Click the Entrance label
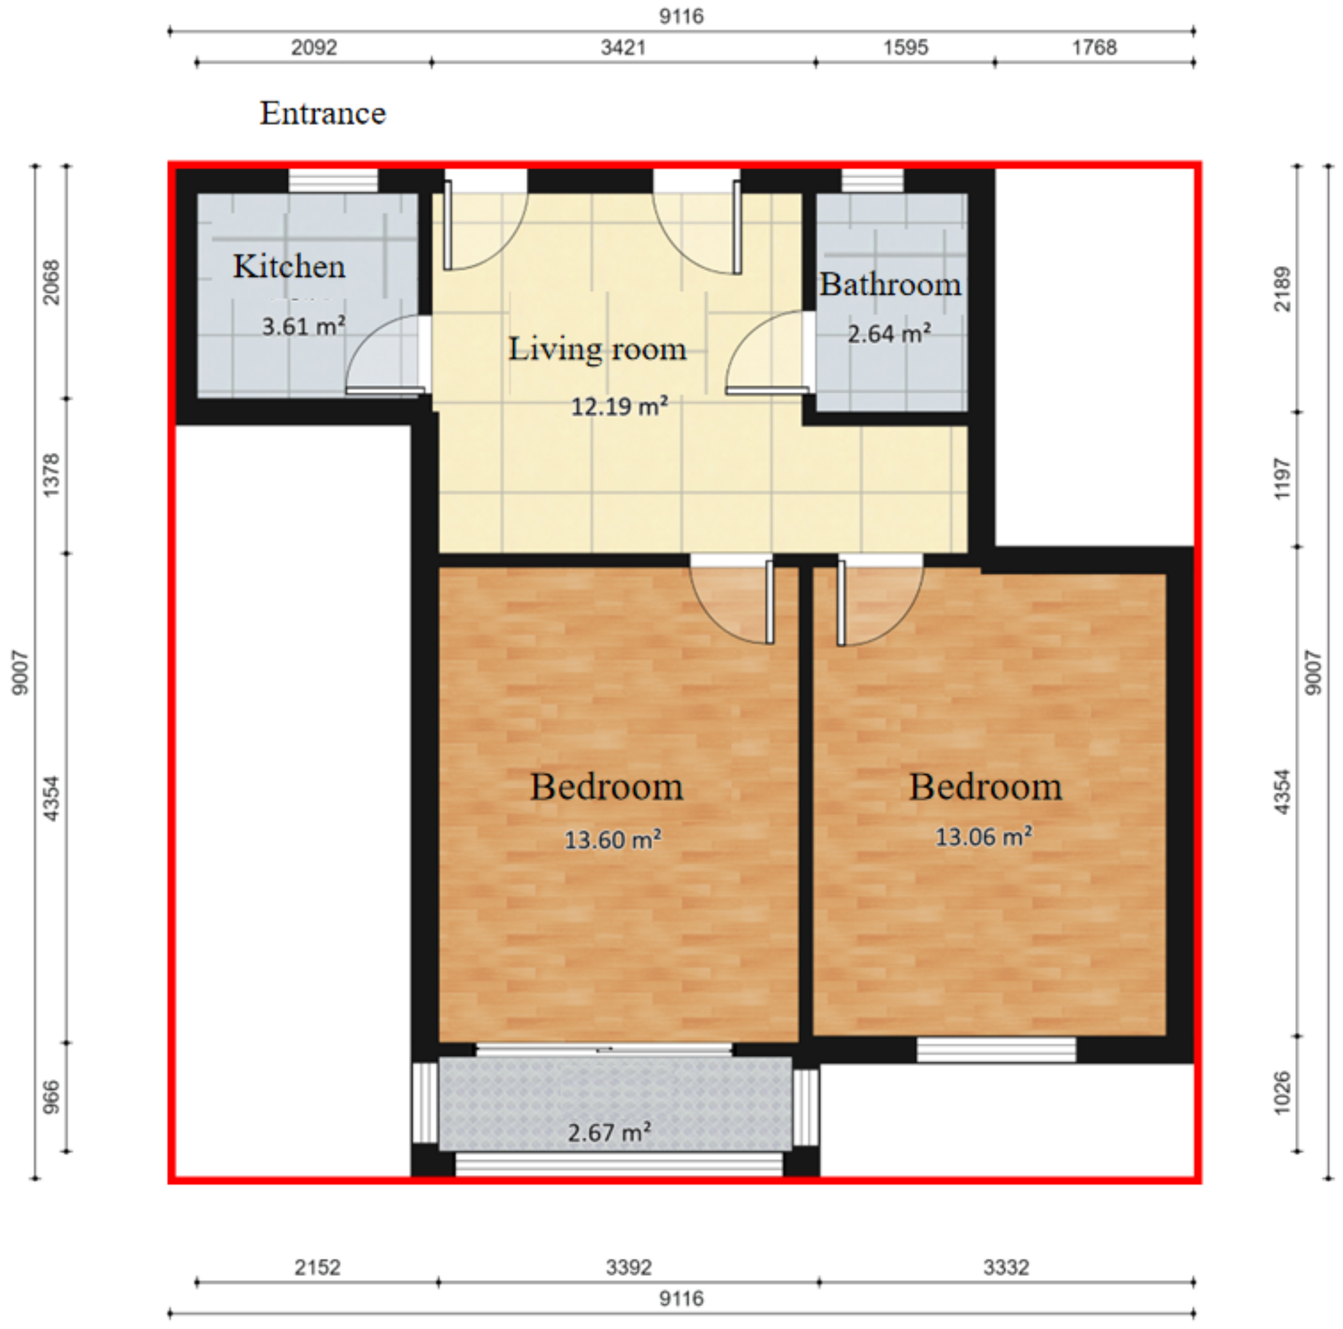point(323,113)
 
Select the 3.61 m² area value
point(303,326)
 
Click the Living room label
point(597,348)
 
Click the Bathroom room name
point(890,284)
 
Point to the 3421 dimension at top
point(623,47)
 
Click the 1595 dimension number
point(905,47)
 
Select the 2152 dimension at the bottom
point(317,1267)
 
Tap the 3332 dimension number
point(1006,1267)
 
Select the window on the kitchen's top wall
point(333,182)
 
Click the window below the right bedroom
point(996,1050)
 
